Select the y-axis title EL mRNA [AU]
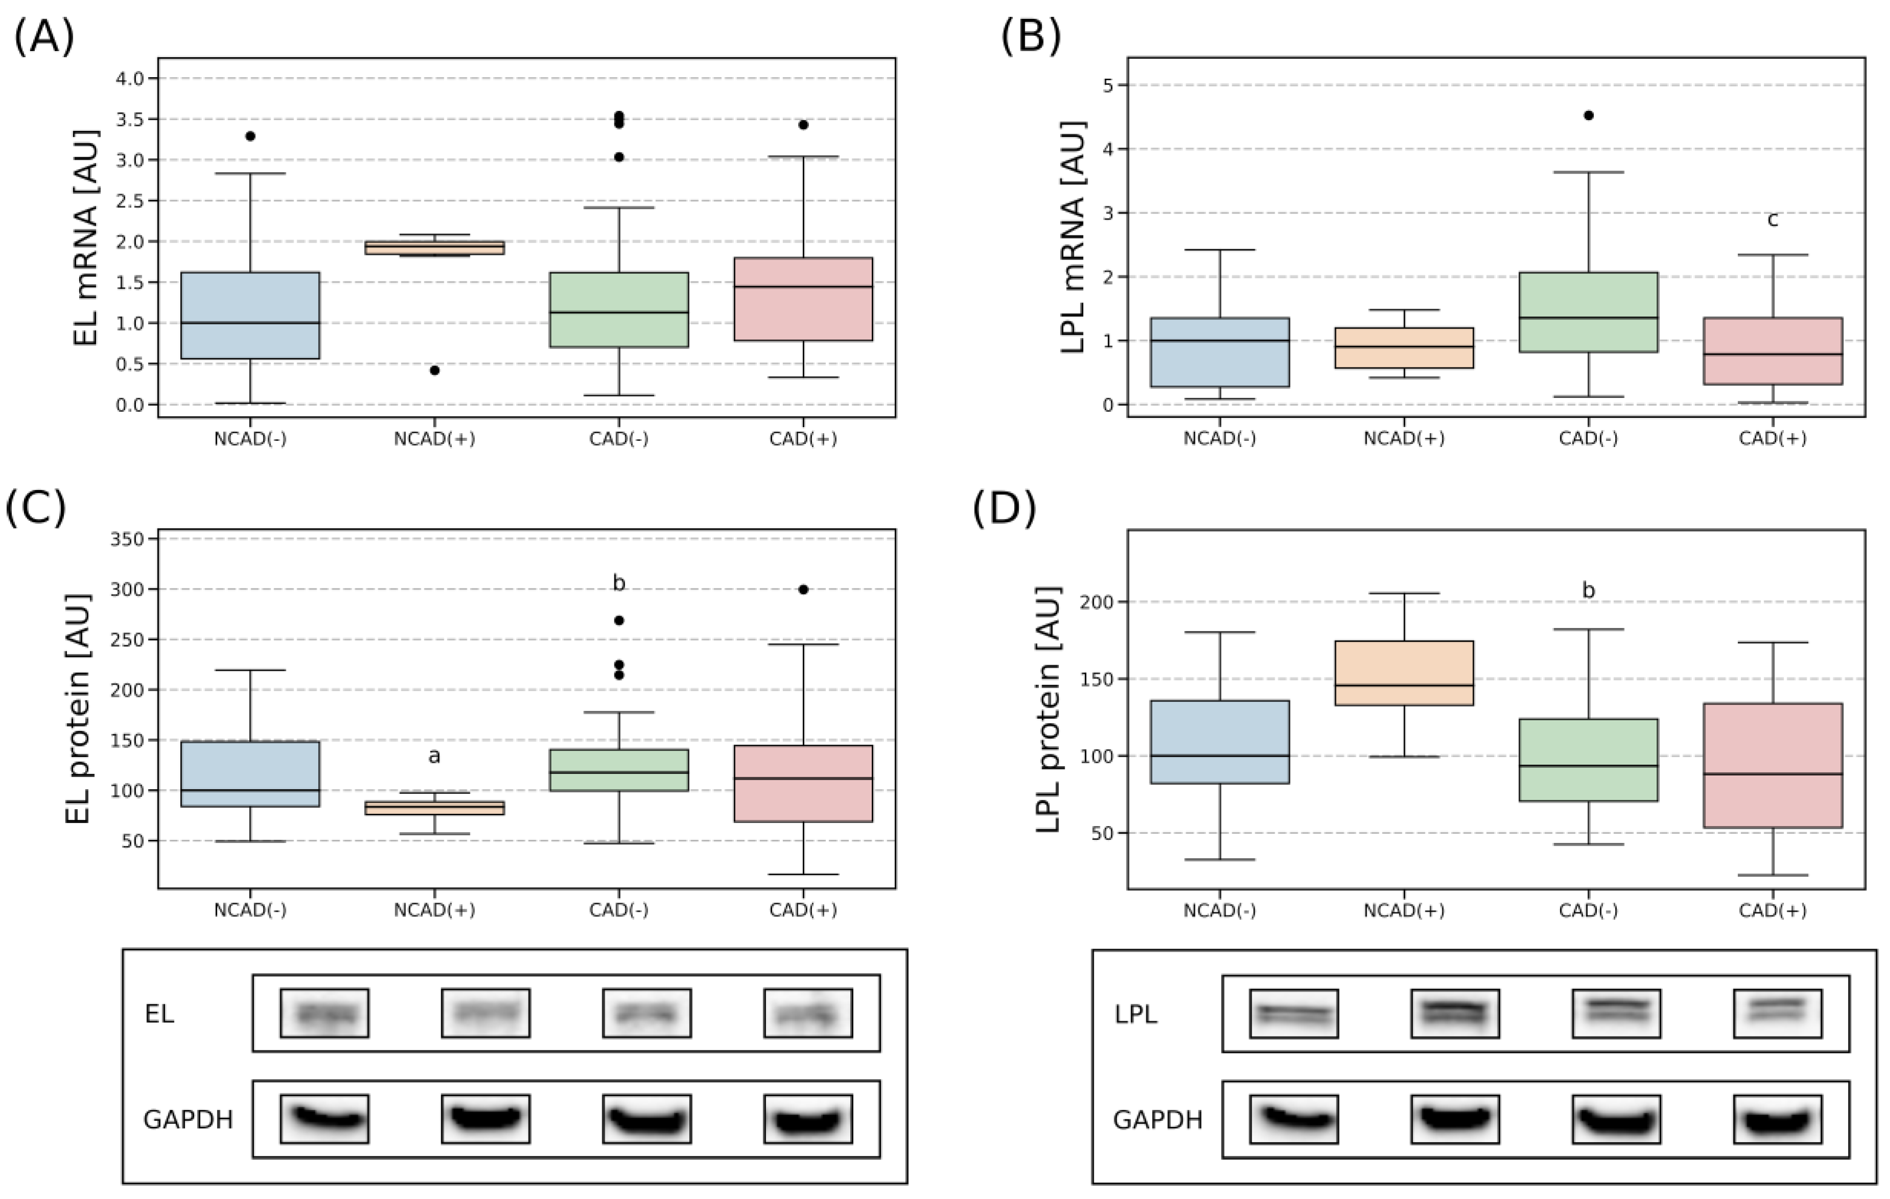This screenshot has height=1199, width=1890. point(86,238)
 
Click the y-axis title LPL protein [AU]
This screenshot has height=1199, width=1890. point(1048,709)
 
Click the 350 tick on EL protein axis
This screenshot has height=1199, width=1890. point(129,538)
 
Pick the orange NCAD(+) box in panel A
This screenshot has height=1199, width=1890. point(434,247)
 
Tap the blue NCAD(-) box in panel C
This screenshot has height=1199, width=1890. point(250,773)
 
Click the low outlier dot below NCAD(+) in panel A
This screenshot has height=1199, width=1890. point(434,370)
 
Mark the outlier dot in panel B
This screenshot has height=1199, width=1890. point(1589,115)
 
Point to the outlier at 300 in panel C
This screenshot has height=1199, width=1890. point(803,590)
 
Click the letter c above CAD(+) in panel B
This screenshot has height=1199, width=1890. point(1772,220)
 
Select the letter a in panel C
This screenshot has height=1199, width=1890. point(434,756)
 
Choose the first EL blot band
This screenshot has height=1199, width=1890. point(324,1014)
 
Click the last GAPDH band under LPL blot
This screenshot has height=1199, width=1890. point(1777,1119)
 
